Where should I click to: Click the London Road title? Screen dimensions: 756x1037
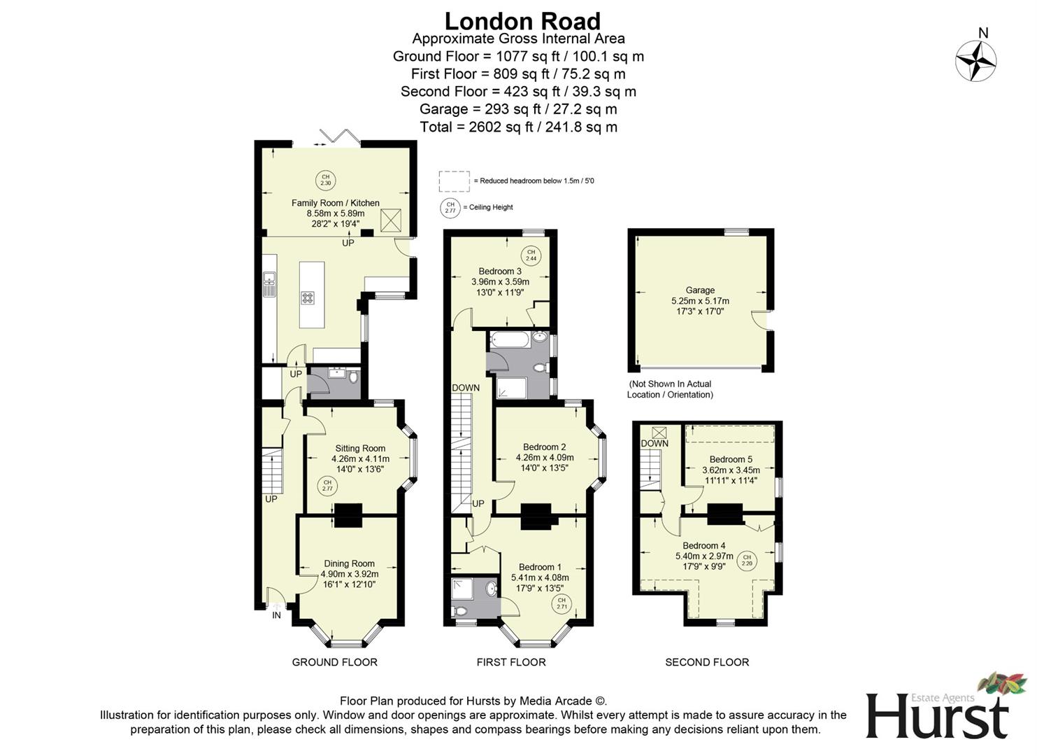coord(522,21)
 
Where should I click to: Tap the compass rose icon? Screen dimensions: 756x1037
coord(976,60)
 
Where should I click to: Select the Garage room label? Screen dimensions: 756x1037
coord(700,290)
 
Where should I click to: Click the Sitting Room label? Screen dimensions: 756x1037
coord(360,448)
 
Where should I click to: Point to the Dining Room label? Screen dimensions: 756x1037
coord(349,563)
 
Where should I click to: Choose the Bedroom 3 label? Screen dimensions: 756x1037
coord(500,272)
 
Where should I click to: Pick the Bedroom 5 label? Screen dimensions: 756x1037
coord(731,459)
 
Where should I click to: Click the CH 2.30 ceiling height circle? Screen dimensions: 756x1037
coord(325,180)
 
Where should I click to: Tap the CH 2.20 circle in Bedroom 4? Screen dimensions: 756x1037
coord(747,559)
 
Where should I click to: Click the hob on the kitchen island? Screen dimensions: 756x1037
coord(308,297)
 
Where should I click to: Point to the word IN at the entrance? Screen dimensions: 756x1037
coord(276,615)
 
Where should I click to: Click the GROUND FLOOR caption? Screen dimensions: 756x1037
coord(334,662)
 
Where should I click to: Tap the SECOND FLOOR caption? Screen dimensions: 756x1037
coord(706,662)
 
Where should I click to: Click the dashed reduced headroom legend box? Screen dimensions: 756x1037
coord(454,181)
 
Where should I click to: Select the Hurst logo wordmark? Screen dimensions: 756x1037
coord(937,715)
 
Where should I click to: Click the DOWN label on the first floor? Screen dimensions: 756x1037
coord(466,388)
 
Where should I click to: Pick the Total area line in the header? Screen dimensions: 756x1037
coord(518,127)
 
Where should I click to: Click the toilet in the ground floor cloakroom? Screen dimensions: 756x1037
coord(353,377)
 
